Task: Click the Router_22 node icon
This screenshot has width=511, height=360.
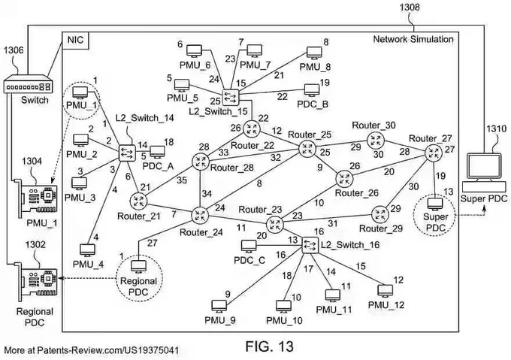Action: click(x=252, y=129)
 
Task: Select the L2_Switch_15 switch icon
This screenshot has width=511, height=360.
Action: click(x=231, y=96)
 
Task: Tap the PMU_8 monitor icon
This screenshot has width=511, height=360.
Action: click(x=314, y=53)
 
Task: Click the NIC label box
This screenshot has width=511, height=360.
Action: click(x=75, y=41)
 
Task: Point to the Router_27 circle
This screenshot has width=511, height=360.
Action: click(x=434, y=152)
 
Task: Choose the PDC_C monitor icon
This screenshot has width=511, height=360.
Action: click(x=249, y=247)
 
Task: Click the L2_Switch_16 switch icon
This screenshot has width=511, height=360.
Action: click(x=310, y=245)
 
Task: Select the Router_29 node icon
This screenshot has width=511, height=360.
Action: click(x=380, y=215)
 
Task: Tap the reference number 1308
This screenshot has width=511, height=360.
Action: click(x=410, y=7)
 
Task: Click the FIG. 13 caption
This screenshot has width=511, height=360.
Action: click(x=270, y=346)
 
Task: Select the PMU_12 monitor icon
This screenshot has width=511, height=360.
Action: click(x=386, y=291)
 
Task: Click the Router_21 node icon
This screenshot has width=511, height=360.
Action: click(x=138, y=201)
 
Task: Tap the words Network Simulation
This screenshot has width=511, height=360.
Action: click(x=413, y=39)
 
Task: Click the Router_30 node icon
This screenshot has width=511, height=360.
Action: click(x=376, y=141)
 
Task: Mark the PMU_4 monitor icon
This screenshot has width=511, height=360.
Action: click(x=87, y=250)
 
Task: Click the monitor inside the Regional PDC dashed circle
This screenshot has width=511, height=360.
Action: click(x=139, y=267)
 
